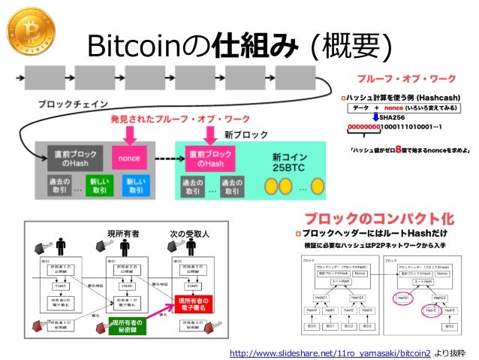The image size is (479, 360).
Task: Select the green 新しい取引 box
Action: click(x=98, y=184)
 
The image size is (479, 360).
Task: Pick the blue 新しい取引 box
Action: click(x=134, y=184)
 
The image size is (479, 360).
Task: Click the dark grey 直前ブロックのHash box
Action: click(x=65, y=159)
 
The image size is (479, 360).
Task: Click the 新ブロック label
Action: click(x=246, y=135)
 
